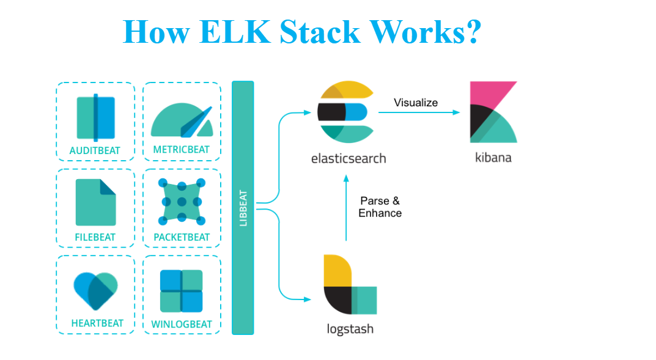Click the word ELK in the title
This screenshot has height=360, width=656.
click(235, 31)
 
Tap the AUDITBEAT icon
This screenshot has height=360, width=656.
click(95, 117)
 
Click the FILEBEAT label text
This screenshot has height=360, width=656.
click(95, 237)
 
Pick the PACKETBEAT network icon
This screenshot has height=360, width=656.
click(182, 202)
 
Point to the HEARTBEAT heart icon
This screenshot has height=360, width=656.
click(95, 290)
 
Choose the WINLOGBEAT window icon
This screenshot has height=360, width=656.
click(182, 291)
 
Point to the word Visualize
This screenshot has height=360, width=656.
click(416, 103)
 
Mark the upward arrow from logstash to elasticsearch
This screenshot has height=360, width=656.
click(346, 208)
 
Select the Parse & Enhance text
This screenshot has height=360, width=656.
click(380, 207)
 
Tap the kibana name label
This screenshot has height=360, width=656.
click(493, 157)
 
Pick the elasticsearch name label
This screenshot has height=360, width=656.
click(348, 158)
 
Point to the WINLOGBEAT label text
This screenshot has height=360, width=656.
click(182, 324)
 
